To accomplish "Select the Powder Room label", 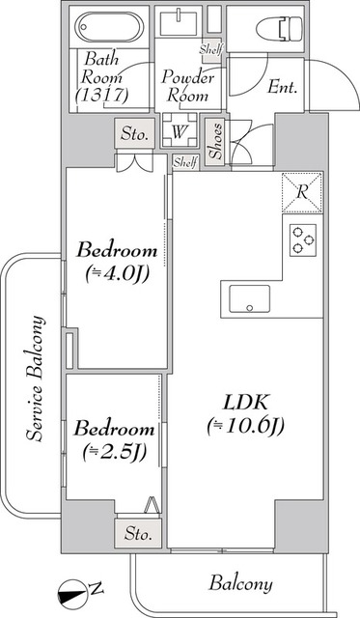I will pyautogui.click(x=186, y=85).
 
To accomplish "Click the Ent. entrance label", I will pyautogui.click(x=281, y=87).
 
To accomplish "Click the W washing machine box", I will pyautogui.click(x=180, y=131).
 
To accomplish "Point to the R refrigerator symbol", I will pyautogui.click(x=302, y=190).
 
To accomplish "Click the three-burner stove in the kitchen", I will pyautogui.click(x=302, y=238).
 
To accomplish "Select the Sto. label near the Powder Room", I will pyautogui.click(x=135, y=133).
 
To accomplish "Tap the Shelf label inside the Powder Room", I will pyautogui.click(x=209, y=49).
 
